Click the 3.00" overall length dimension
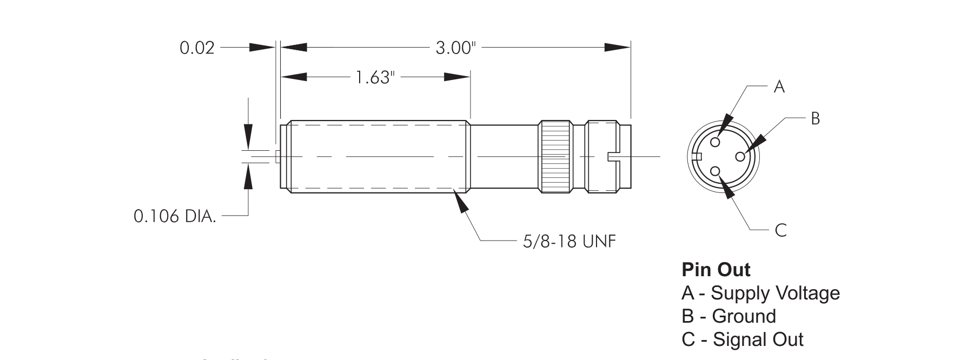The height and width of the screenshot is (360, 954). [x=455, y=48]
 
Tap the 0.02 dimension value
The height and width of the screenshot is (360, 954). [x=197, y=48]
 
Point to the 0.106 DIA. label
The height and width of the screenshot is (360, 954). [x=175, y=217]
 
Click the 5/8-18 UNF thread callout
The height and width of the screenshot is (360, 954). [x=569, y=241]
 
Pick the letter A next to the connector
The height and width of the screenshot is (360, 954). [x=779, y=86]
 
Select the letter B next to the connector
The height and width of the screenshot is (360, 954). [x=815, y=118]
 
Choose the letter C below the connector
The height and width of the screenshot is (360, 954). [x=780, y=231]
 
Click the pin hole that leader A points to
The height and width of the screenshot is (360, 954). [x=716, y=142]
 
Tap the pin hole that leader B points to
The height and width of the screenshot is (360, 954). [x=740, y=156]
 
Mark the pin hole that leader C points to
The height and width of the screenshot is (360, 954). [x=716, y=171]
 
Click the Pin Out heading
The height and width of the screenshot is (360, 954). [x=716, y=269]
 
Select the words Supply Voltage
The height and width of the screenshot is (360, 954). [x=775, y=293]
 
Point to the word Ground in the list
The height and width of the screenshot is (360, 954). [x=744, y=316]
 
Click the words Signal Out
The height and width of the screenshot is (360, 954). [x=758, y=339]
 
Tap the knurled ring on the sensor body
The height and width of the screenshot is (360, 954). [x=554, y=156]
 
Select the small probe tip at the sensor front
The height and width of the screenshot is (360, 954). [x=277, y=157]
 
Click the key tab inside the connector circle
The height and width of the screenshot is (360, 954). [x=697, y=157]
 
